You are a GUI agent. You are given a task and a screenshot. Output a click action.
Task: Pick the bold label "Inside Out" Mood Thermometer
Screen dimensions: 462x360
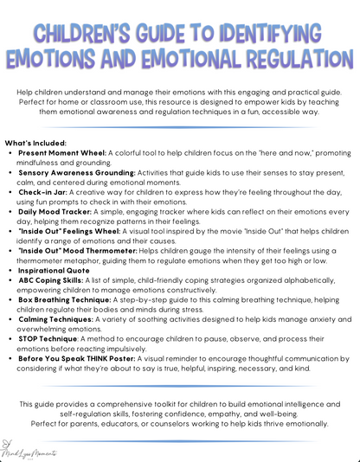pos(75,252)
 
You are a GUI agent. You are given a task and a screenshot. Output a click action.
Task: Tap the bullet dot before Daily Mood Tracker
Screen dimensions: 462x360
pos(10,212)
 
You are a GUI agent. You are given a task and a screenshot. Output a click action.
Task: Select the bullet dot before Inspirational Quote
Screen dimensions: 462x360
pos(10,272)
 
